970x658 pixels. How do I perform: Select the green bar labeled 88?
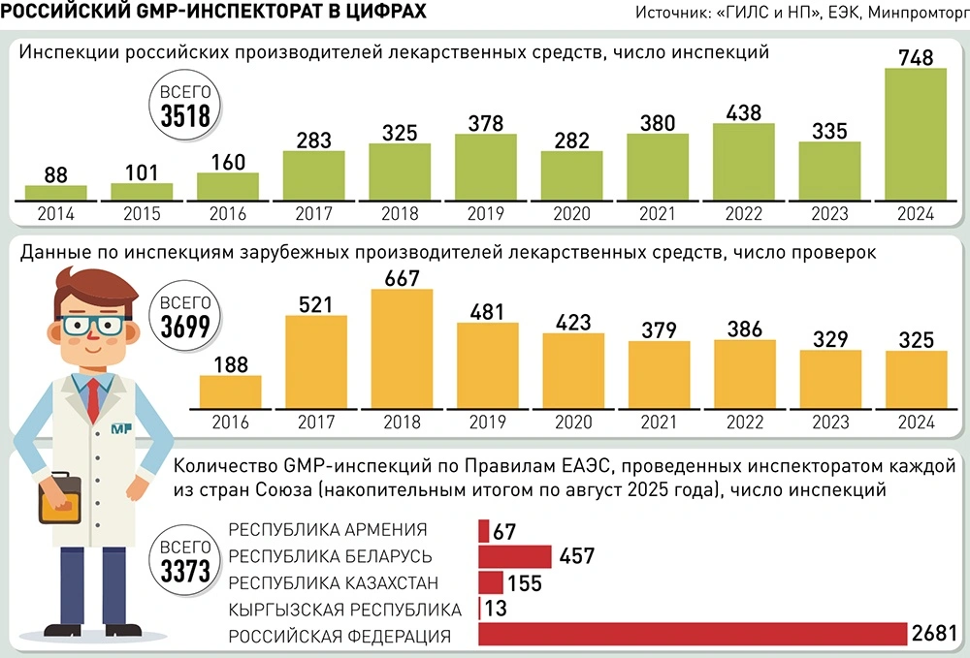coord(56,192)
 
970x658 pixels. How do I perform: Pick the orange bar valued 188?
coord(230,392)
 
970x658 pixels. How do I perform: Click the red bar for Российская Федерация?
coord(693,635)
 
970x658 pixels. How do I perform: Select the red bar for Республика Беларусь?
coord(515,556)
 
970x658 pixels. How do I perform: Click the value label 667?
coord(402,277)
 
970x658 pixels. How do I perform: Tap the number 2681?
coord(936,635)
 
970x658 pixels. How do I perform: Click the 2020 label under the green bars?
coord(572,214)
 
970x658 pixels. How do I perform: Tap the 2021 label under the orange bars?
coord(659,423)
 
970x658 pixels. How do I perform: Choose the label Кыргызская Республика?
coord(344,610)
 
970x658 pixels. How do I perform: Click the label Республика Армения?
coord(327,530)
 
